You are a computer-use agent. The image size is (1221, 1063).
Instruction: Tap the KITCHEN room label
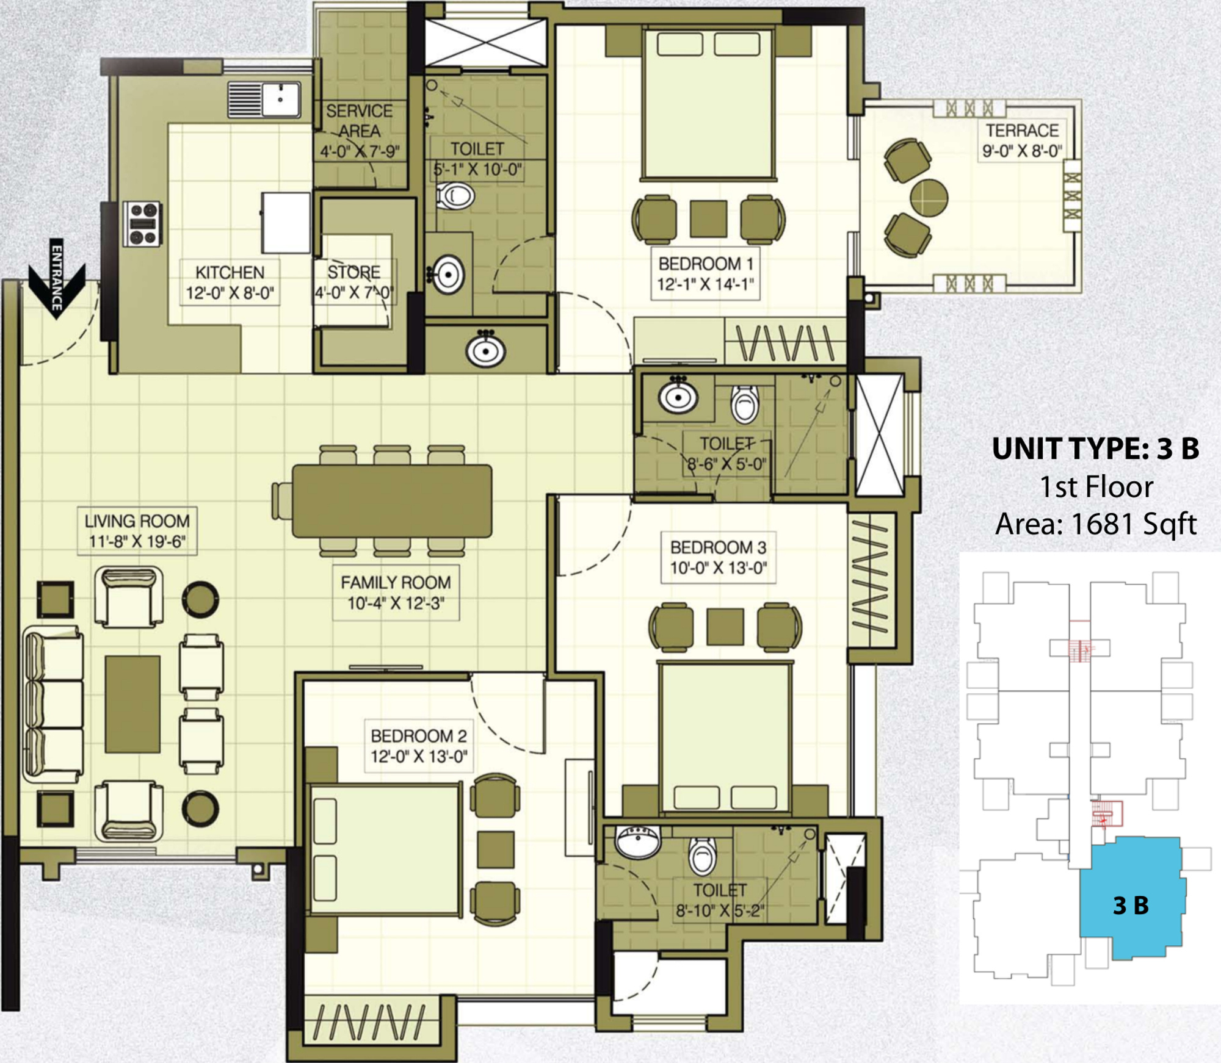click(230, 283)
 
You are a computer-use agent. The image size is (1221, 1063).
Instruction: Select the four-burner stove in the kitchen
click(143, 224)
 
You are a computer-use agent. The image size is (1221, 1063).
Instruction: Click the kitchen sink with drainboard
click(264, 99)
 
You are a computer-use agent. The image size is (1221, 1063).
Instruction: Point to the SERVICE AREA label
click(360, 131)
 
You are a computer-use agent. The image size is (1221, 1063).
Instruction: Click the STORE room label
click(354, 283)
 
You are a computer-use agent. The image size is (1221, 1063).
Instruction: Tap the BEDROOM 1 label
click(706, 274)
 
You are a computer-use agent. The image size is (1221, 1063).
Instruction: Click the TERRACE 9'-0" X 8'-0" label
click(1022, 140)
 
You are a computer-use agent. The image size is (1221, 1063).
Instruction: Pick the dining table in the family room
click(392, 501)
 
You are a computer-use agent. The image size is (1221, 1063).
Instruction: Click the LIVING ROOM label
click(137, 531)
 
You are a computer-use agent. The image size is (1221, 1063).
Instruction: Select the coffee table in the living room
click(132, 704)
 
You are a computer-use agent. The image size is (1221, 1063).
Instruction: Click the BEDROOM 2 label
click(419, 746)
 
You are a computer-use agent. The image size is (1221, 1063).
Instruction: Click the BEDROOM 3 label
click(719, 558)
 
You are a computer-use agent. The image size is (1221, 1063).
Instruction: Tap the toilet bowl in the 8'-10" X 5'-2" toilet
click(703, 855)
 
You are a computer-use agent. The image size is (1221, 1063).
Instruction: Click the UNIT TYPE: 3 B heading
click(1096, 449)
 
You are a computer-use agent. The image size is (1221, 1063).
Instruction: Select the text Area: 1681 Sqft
click(1096, 524)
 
